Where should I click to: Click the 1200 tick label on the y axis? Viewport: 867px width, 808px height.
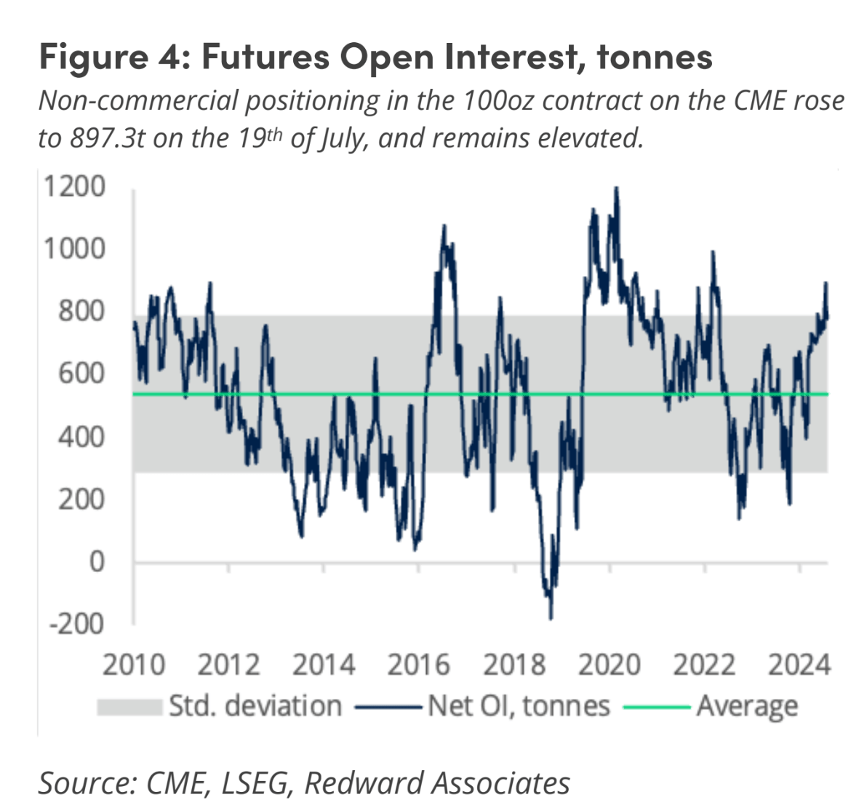click(75, 186)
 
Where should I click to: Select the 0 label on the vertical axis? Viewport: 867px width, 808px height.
click(97, 561)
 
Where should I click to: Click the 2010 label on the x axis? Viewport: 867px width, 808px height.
click(133, 665)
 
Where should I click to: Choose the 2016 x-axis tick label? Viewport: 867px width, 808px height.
click(418, 665)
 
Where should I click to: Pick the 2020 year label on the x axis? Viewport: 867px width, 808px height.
click(610, 665)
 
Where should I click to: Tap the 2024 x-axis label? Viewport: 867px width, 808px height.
click(799, 665)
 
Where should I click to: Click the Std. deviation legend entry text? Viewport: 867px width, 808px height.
click(255, 706)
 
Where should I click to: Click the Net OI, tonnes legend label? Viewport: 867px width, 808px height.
click(519, 706)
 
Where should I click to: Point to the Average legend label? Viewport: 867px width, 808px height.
click(747, 706)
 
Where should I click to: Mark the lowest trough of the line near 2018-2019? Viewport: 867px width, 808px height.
click(551, 619)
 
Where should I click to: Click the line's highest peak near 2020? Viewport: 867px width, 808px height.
click(617, 188)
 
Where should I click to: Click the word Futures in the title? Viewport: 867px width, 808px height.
click(265, 58)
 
